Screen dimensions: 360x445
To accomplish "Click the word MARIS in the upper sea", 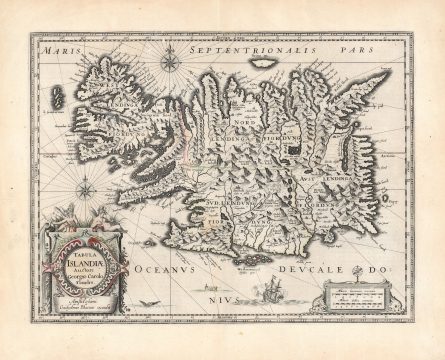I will click(57, 47).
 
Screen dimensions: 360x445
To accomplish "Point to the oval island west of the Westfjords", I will click(57, 96).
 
